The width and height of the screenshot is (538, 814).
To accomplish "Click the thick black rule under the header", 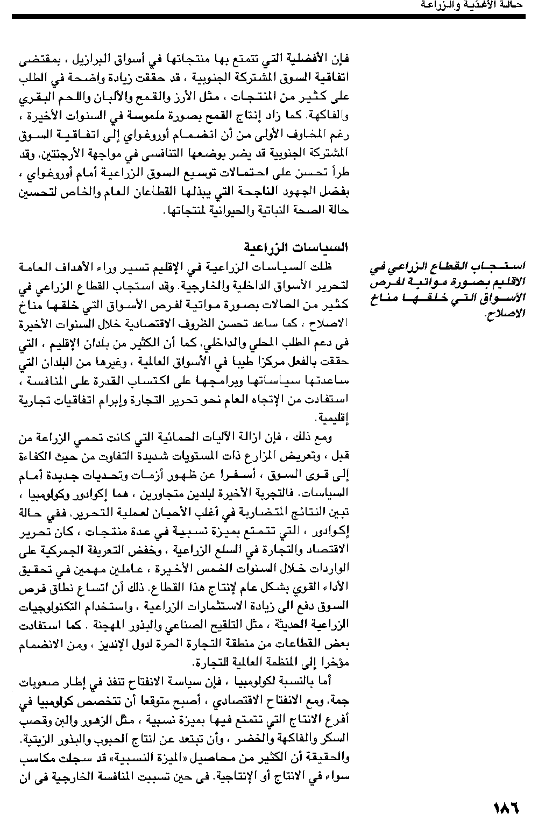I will pyautogui.click(x=268, y=17).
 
